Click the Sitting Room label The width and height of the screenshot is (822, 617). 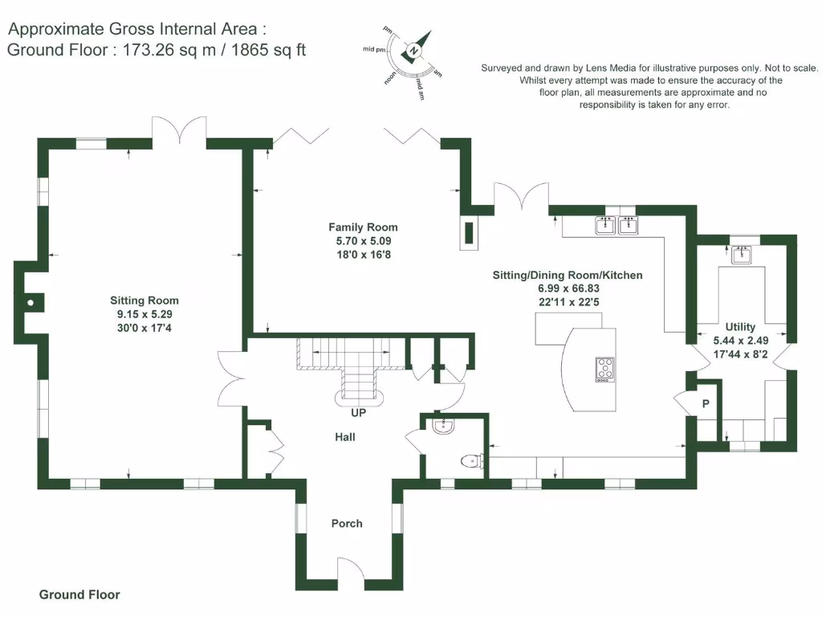[x=144, y=300]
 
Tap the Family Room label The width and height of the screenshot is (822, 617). [x=363, y=227]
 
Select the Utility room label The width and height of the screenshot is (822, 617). [x=740, y=327]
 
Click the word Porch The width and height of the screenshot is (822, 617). [x=347, y=524]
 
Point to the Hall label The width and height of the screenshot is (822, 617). [x=345, y=437]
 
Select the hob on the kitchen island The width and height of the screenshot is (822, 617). [x=605, y=369]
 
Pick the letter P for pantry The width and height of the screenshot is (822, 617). [x=706, y=403]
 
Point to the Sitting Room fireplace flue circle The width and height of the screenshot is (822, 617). [x=30, y=303]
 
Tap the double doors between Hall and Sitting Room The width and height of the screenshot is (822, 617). [x=230, y=376]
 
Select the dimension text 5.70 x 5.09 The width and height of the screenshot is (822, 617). [x=363, y=241]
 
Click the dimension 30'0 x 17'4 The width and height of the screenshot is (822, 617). [x=144, y=328]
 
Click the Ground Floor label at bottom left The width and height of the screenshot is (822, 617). [x=79, y=595]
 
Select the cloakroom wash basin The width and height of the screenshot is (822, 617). [x=442, y=427]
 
